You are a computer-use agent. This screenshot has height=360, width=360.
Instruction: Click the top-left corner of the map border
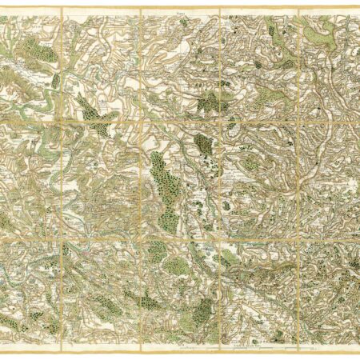tap(2, 8)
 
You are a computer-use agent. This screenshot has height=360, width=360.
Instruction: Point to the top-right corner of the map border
tap(358, 8)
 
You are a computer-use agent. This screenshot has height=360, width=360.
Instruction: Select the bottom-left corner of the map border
tap(2, 353)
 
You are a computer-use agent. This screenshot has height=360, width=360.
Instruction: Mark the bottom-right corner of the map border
tap(358, 353)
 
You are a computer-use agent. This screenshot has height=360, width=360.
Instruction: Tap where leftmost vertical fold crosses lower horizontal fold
tap(62, 238)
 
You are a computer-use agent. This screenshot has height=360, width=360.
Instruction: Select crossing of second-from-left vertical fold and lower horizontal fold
tap(141, 238)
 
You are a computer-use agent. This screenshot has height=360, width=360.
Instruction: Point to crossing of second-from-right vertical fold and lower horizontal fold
tap(219, 238)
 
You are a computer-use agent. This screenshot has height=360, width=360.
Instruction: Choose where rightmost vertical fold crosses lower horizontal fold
tap(298, 238)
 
